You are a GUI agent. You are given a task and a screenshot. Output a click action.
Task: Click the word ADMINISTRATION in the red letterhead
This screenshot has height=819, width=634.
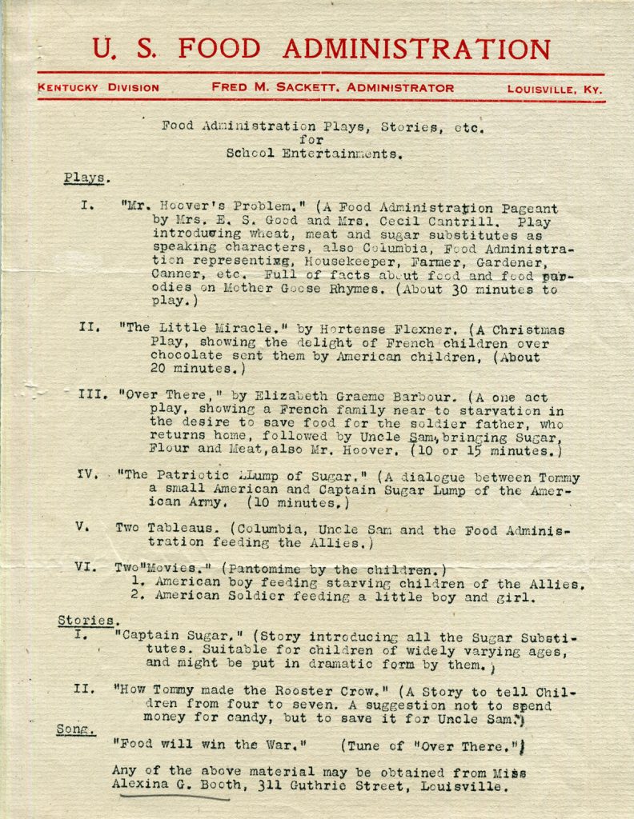415,50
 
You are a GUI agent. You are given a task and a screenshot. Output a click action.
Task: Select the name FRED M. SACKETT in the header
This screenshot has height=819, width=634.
279,88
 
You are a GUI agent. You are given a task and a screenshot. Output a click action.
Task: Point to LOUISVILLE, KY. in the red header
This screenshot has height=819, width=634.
554,90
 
